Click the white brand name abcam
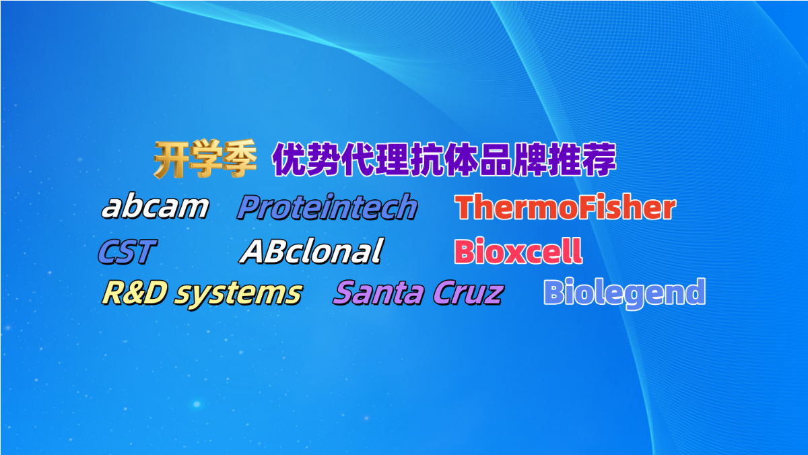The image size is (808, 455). pyautogui.click(x=156, y=207)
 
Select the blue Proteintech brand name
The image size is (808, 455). pyautogui.click(x=327, y=207)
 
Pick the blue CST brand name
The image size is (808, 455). pyautogui.click(x=127, y=251)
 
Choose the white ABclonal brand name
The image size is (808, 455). pyautogui.click(x=312, y=251)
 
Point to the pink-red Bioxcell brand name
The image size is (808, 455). pyautogui.click(x=518, y=251)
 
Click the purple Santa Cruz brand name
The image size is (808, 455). pyautogui.click(x=418, y=292)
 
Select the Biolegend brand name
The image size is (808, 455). pyautogui.click(x=624, y=293)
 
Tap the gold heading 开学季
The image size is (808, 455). pyautogui.click(x=205, y=159)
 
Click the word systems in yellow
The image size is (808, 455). pyautogui.click(x=238, y=295)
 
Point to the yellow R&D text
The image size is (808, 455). pyautogui.click(x=135, y=292)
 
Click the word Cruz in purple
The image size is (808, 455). pyautogui.click(x=468, y=292)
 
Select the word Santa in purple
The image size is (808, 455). pyautogui.click(x=378, y=292)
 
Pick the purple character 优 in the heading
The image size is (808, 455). pyautogui.click(x=290, y=160)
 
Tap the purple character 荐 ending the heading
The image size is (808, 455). pyautogui.click(x=599, y=160)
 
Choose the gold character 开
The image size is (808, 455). pyautogui.click(x=170, y=159)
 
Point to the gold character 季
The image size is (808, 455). pyautogui.click(x=240, y=159)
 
